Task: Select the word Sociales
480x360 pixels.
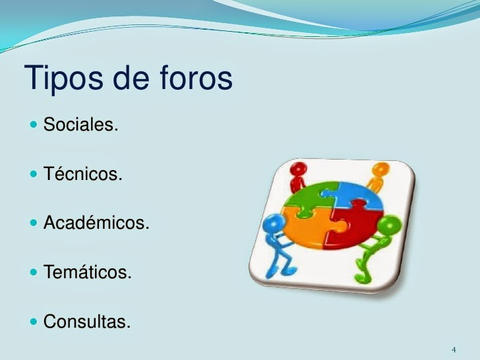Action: click(x=80, y=124)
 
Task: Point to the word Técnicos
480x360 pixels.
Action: click(x=82, y=175)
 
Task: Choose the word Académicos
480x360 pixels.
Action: click(x=96, y=224)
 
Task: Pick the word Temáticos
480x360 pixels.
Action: click(x=88, y=272)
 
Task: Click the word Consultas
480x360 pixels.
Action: click(x=87, y=322)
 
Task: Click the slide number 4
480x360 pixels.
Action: click(x=454, y=349)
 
